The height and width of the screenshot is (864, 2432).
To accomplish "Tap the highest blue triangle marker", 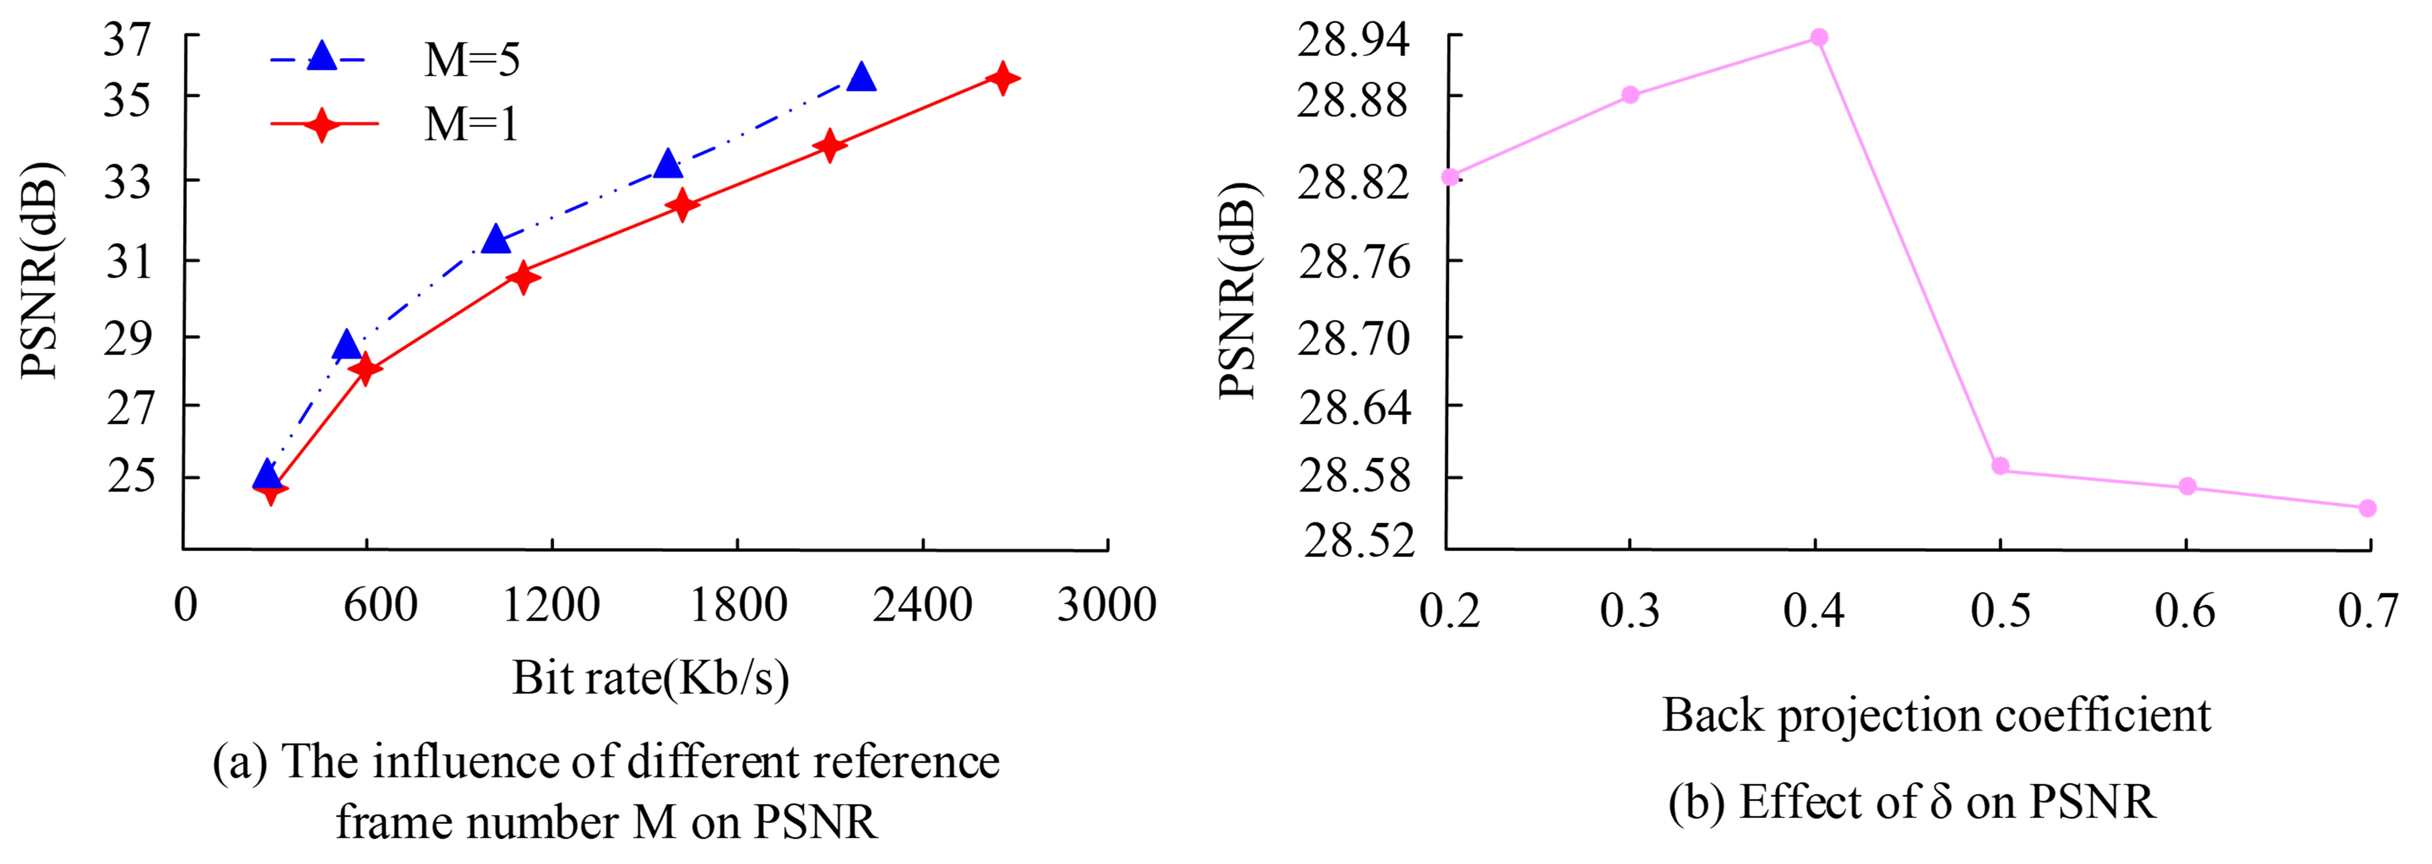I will pos(861,77).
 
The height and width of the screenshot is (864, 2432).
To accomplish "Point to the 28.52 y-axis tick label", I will pos(1360,541).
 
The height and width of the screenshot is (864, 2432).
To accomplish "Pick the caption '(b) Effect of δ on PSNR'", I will pos(1912,803).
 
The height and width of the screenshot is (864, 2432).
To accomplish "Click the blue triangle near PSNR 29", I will pos(347,346).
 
